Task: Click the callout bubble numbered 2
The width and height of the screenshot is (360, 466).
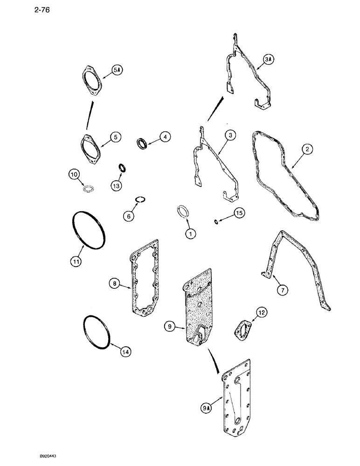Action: (x=306, y=149)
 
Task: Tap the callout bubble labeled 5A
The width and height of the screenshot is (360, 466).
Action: (x=117, y=70)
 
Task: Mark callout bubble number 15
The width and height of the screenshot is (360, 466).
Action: (x=238, y=213)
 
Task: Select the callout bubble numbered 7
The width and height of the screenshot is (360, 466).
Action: (x=284, y=290)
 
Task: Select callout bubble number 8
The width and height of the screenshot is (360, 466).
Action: (x=113, y=283)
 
